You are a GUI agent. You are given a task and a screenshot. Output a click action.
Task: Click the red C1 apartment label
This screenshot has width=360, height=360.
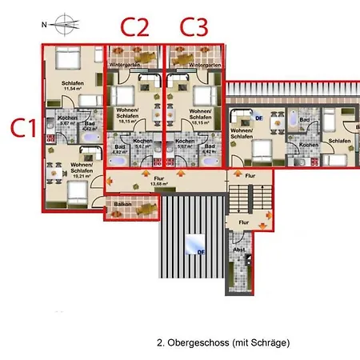pos(23,127)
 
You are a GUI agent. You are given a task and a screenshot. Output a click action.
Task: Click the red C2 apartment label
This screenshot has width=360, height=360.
pos(134,27)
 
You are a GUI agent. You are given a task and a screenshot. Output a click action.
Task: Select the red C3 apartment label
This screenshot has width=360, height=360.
pos(194,27)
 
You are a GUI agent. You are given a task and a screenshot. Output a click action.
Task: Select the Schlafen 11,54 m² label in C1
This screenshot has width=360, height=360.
pos(71,86)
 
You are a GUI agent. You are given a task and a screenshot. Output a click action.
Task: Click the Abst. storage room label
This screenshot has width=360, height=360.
pos(239,250)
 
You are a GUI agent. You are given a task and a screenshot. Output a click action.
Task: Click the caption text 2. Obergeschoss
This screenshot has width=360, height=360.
pos(223,342)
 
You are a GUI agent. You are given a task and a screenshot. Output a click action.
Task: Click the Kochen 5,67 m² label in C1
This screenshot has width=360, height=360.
pos(68,121)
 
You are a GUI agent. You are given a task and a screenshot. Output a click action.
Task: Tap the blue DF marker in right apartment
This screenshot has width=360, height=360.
pos(258,118)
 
